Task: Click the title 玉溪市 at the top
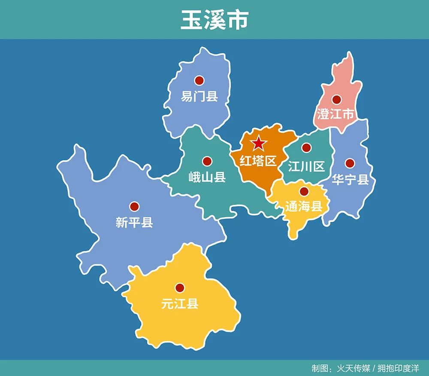(x=214, y=20)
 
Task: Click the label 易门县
(x=199, y=96)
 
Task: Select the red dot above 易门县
(x=199, y=80)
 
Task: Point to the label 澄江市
(x=336, y=114)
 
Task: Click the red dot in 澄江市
(x=336, y=99)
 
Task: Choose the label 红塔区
(x=258, y=161)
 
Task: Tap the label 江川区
(x=306, y=166)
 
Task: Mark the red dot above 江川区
(x=306, y=148)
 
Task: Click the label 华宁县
(x=350, y=179)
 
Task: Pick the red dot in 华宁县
(x=350, y=163)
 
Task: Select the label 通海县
(x=304, y=207)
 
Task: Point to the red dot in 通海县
(x=304, y=191)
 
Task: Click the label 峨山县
(x=207, y=177)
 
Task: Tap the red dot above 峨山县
(x=207, y=161)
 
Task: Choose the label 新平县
(x=134, y=222)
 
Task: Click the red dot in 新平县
(x=134, y=206)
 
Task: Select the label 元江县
(x=180, y=304)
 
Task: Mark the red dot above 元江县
(x=180, y=288)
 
